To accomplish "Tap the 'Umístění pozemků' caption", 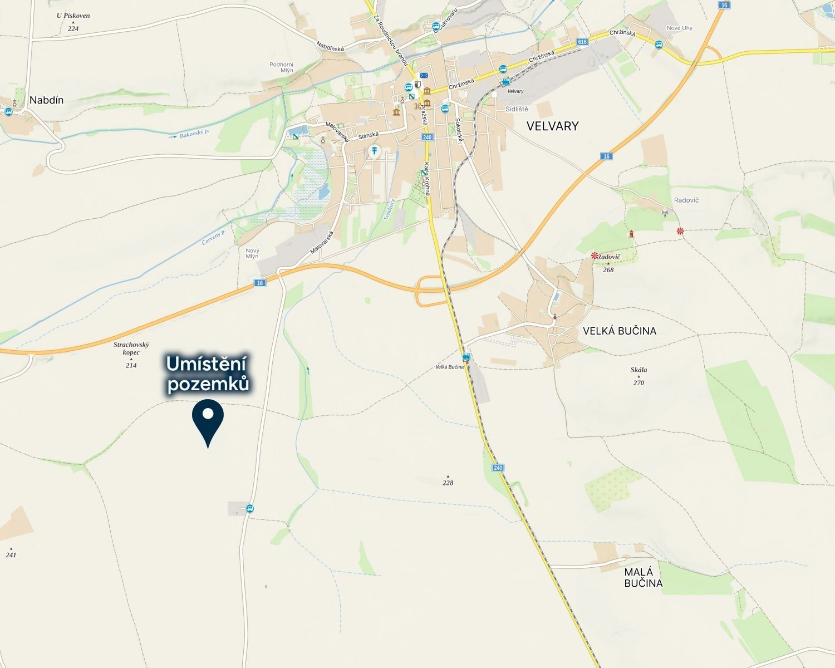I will (x=208, y=375).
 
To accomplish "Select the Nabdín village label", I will (x=46, y=100).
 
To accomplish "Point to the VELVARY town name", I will (x=553, y=126).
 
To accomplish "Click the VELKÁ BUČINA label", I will (x=620, y=331).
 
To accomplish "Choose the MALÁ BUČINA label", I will (x=643, y=577).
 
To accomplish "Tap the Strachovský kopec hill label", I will (x=131, y=348).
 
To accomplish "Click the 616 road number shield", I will (x=582, y=42).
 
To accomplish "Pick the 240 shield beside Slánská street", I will (x=427, y=137).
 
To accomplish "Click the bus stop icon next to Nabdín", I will (x=8, y=111).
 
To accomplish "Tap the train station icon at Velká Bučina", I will (x=466, y=357).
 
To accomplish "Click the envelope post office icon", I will (x=424, y=76).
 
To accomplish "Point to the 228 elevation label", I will (x=448, y=483).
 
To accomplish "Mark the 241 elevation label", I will (x=11, y=554).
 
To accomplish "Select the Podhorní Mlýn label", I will (x=281, y=67).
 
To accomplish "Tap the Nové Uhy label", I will (x=679, y=28).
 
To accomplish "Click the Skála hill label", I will (x=638, y=370).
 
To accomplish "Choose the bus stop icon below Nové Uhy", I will (x=659, y=45).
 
